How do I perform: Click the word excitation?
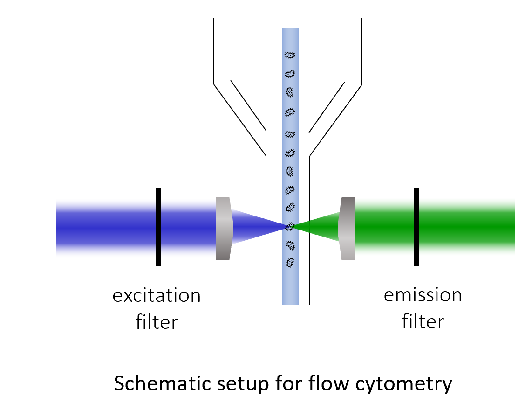pos(157,296)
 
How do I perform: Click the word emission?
pos(423,295)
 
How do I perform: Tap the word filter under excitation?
pos(157,322)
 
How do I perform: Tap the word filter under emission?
pos(423,322)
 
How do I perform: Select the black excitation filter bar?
pos(158,227)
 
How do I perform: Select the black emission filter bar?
pos(416,227)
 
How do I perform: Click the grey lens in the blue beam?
pos(224,228)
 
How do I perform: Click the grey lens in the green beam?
pos(348,228)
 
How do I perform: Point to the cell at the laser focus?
pos(290,226)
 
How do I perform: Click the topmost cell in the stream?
pos(290,55)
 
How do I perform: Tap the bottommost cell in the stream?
pos(290,262)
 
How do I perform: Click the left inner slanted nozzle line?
pos(248,105)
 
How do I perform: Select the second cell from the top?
pos(290,74)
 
